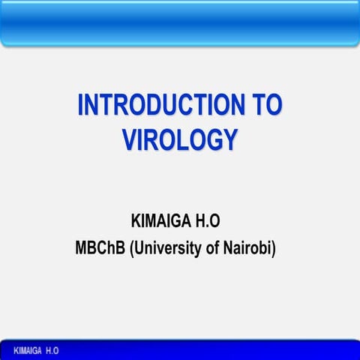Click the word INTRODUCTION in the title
tap(162, 106)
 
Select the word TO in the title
tap(267, 106)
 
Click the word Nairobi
tap(248, 247)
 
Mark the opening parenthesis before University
tap(133, 248)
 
